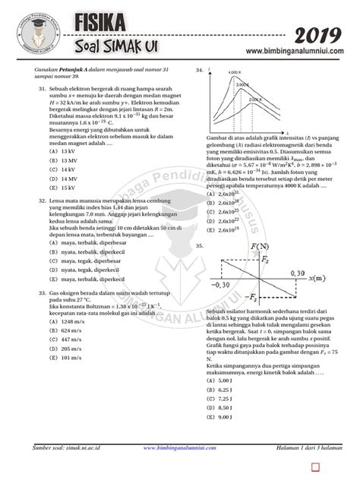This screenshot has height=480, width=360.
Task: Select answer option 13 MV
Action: click(67, 161)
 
